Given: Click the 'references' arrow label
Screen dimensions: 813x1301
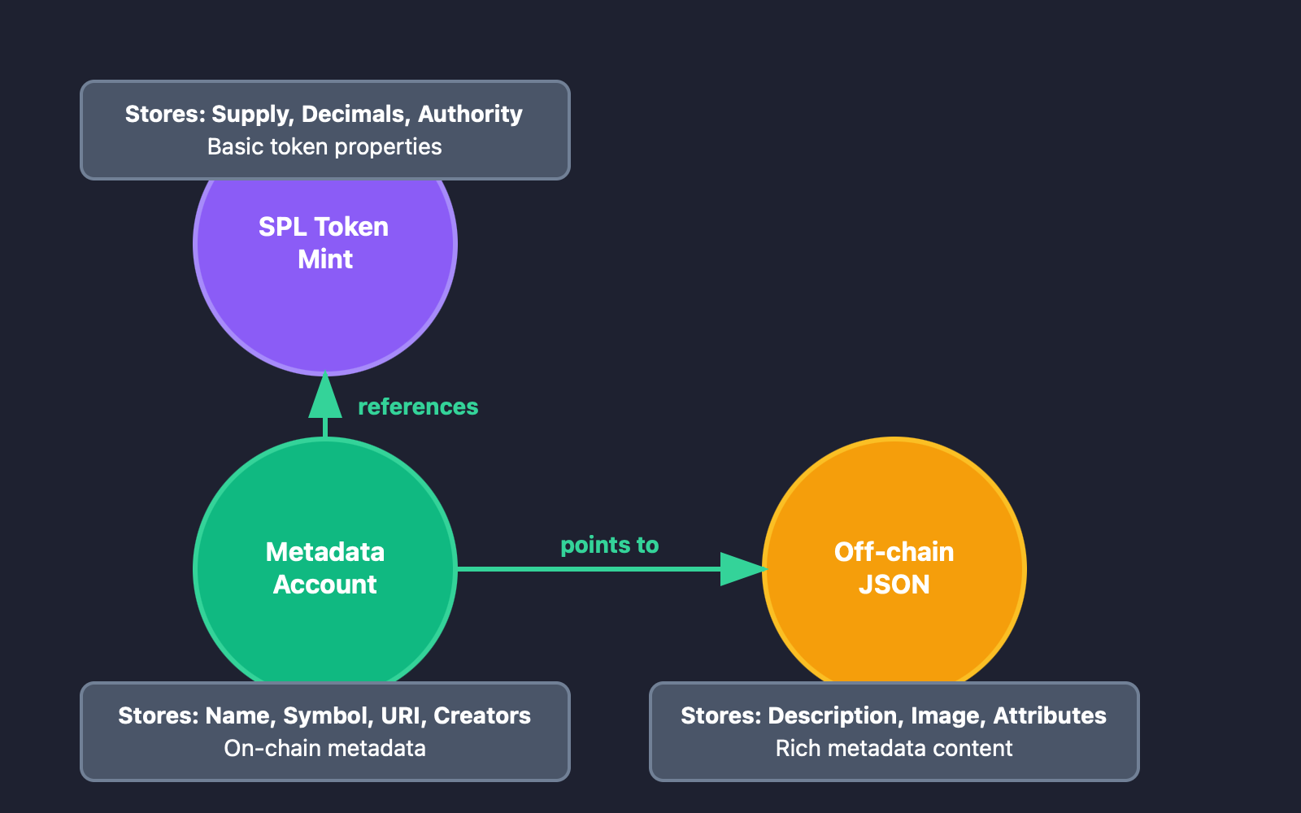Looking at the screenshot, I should (418, 406).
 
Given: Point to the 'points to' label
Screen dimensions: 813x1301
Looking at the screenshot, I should (610, 545).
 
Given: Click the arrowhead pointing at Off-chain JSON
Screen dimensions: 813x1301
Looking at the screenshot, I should (742, 569).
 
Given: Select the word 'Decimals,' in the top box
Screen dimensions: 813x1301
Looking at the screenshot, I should (355, 114).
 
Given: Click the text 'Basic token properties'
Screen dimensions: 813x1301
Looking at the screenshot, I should (324, 147).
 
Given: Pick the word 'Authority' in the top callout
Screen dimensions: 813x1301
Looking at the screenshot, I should (470, 114).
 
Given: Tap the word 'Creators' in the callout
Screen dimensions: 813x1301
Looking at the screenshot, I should (481, 715).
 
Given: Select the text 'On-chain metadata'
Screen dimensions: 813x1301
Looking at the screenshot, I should (324, 749).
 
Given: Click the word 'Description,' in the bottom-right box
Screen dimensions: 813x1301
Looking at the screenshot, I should (835, 715).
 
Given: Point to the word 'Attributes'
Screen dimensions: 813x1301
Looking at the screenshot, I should (1049, 715).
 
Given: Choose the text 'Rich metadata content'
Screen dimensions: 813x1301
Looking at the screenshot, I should (894, 749).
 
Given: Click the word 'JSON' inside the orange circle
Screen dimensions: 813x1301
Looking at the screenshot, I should (894, 585).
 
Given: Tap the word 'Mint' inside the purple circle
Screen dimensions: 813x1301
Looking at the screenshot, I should (325, 259).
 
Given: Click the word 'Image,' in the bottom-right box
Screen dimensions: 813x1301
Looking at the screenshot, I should (948, 715).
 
